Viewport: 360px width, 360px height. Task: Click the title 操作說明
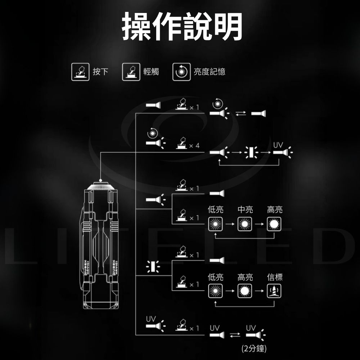(x=181, y=27)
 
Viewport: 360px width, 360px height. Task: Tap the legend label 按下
(x=100, y=72)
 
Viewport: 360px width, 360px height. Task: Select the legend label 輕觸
(x=151, y=72)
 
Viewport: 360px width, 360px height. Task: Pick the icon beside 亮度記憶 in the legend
(x=181, y=72)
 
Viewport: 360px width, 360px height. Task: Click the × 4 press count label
(x=194, y=145)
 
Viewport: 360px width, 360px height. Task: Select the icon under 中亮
(x=245, y=224)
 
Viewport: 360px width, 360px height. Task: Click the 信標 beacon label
(x=275, y=277)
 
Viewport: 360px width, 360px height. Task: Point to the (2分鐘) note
(x=254, y=348)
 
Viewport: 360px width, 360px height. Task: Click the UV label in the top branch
(x=278, y=145)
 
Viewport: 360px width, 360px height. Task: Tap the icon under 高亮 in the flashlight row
(x=274, y=224)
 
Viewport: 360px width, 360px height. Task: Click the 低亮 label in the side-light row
(x=216, y=277)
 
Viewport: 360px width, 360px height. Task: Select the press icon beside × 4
(x=182, y=143)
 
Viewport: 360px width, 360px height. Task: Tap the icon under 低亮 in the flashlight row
(x=215, y=224)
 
